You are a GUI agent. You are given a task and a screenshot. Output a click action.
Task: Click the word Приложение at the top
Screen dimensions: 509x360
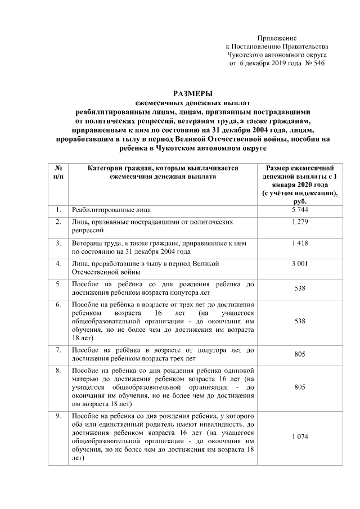tap(277, 37)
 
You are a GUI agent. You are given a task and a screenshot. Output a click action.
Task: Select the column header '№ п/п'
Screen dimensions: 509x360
tap(58, 172)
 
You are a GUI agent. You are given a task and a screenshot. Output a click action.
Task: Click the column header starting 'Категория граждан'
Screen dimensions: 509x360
tap(163, 172)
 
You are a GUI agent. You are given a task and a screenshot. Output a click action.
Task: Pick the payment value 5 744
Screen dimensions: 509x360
tap(300, 210)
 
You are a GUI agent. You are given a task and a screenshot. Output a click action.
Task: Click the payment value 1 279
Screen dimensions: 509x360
tap(300, 223)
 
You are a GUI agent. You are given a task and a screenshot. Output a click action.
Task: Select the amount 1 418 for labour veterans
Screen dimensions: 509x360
tap(300, 243)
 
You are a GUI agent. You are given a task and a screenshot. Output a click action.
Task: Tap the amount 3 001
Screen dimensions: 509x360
tap(300, 263)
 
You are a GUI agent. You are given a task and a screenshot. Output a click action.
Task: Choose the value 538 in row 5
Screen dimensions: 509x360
tap(300, 289)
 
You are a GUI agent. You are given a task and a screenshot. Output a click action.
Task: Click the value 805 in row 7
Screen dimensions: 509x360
tap(300, 355)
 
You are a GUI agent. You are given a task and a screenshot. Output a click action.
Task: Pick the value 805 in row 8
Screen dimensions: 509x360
tap(300, 388)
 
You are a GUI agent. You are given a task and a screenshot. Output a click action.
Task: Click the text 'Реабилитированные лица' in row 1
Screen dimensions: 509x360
tap(111, 210)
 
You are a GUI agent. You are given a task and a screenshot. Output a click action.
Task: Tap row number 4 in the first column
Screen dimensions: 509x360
tap(58, 263)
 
